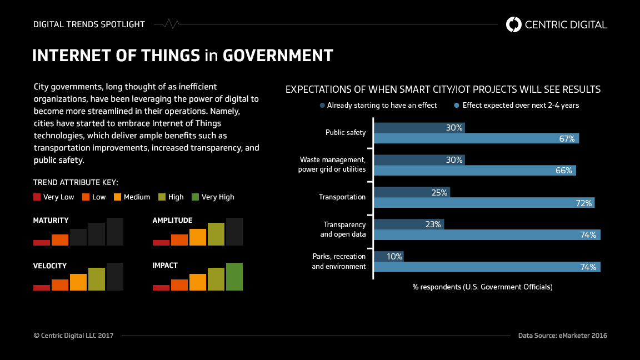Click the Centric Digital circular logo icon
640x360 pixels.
[514, 24]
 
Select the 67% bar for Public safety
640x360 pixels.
[476, 138]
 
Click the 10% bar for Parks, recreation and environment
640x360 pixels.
[388, 256]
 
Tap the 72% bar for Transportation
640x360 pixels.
[484, 203]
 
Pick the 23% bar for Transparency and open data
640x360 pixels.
[408, 224]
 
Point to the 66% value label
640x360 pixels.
[564, 171]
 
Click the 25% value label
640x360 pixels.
[439, 192]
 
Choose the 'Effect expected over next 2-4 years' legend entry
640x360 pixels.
[516, 105]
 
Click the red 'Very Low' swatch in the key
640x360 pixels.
[37, 197]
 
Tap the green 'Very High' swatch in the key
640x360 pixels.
[195, 197]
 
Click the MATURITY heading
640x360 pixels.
[51, 220]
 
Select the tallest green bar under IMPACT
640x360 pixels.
[234, 277]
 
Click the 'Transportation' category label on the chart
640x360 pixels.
[342, 197]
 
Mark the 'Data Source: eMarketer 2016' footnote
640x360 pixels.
[562, 336]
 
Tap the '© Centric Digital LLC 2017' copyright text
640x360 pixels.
[73, 336]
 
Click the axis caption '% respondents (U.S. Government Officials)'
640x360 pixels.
[482, 287]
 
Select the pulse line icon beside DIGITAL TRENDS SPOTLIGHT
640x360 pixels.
[167, 24]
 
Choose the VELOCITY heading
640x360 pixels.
[50, 266]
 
